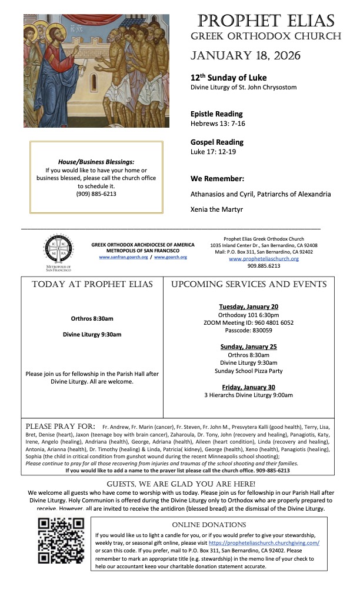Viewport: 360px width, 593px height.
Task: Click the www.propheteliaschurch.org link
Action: click(264, 258)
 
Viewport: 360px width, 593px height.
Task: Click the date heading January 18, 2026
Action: click(245, 56)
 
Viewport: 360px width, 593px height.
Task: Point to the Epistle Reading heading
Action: click(216, 114)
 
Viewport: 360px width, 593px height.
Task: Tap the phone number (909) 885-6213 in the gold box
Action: click(96, 194)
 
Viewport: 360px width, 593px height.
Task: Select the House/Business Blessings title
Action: click(96, 162)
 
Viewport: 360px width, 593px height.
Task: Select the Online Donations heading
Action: click(209, 524)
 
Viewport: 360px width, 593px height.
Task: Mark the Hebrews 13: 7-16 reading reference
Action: click(218, 124)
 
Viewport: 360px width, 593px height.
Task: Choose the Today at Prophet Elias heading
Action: click(92, 284)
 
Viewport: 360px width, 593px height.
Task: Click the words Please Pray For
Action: click(61, 426)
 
